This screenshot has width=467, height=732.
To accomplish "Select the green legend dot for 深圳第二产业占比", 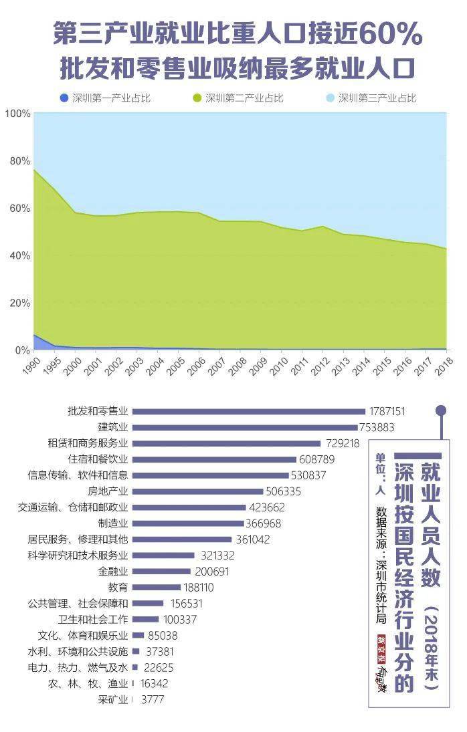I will click(197, 98).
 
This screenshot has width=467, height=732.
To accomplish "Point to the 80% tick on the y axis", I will click(18, 161).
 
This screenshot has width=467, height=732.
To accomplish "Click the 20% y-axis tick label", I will click(18, 303).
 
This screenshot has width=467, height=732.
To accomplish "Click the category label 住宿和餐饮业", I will click(98, 459).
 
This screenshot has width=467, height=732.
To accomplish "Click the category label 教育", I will click(118, 588).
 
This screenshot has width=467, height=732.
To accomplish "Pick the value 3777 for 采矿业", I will click(152, 700).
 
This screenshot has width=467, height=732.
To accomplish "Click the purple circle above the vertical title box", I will click(441, 410).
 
